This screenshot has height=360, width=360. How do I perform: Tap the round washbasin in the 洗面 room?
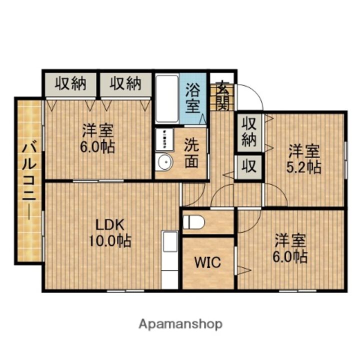pyautogui.click(x=163, y=162)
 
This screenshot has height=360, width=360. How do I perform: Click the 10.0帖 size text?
pyautogui.click(x=110, y=241)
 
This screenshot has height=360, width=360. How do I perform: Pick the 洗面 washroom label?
pyautogui.click(x=191, y=152)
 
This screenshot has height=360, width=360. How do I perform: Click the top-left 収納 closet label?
pyautogui.click(x=70, y=83)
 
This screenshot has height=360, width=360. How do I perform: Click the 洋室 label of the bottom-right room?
pyautogui.click(x=290, y=240)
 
